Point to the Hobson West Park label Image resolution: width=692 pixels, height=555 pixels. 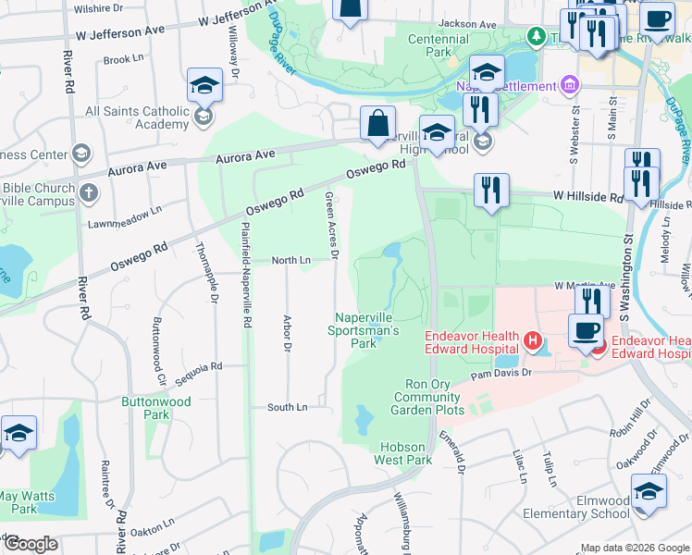(x=405, y=453)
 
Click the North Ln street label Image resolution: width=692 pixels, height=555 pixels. (x=290, y=261)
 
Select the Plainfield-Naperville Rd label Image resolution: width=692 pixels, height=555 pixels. (x=247, y=277)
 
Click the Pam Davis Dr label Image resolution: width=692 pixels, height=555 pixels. (x=502, y=374)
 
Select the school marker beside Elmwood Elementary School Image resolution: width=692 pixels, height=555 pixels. (x=649, y=491)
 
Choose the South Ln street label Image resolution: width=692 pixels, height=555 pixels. (x=287, y=407)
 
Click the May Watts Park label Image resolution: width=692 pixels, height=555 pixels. (x=31, y=502)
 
